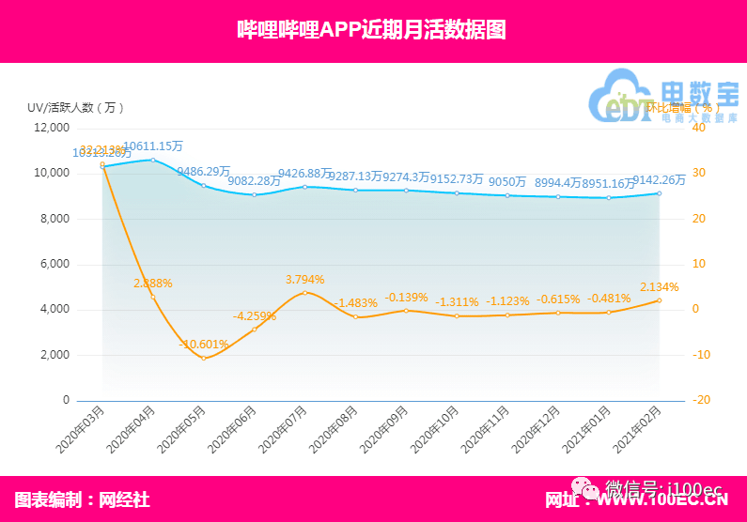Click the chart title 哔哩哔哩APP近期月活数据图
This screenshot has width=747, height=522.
tap(372, 30)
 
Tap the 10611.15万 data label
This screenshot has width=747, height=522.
tap(153, 146)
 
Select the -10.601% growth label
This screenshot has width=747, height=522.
tap(204, 344)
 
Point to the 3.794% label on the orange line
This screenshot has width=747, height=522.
tap(305, 279)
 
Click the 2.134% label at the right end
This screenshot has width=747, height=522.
tap(660, 286)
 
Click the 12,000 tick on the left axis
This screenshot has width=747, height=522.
tap(51, 128)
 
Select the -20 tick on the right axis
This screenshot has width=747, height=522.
tap(698, 400)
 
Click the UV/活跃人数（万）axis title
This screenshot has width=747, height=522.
tap(76, 107)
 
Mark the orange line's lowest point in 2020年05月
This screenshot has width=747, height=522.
tap(204, 358)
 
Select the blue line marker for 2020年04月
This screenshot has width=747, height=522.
tap(153, 160)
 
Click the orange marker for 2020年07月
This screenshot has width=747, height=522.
tap(305, 293)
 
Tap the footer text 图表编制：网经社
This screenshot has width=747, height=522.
tap(83, 499)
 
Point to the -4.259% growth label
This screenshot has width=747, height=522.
tap(255, 315)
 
